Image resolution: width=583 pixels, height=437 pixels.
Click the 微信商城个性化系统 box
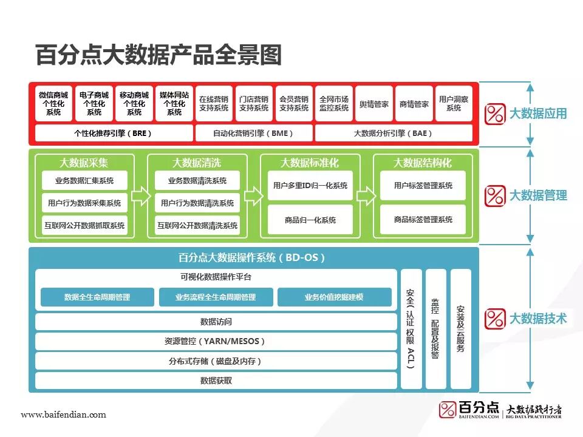[53, 104]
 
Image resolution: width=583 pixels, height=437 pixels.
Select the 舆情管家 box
[373, 104]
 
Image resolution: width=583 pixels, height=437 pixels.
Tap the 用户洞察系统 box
[454, 104]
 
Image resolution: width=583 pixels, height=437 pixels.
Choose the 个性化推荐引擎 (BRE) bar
[113, 133]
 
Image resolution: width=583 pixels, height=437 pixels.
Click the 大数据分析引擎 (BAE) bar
[394, 133]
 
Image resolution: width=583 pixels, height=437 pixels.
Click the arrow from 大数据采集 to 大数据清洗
[139, 196]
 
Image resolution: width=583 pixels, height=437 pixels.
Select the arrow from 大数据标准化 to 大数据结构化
[365, 196]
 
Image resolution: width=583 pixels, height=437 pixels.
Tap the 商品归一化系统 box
[310, 220]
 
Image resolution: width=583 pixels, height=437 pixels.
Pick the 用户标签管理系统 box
[423, 186]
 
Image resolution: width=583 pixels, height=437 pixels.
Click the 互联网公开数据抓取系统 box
[84, 225]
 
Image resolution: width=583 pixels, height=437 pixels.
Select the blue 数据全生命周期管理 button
[97, 297]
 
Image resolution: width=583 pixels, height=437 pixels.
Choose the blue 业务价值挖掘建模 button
[334, 297]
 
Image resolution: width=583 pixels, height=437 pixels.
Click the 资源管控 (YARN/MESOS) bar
[216, 341]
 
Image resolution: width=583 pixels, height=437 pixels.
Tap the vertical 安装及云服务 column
[460, 328]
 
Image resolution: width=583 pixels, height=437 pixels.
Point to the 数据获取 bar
[216, 381]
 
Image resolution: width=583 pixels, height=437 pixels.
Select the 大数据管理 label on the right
[537, 195]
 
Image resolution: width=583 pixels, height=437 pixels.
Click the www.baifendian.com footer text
[63, 415]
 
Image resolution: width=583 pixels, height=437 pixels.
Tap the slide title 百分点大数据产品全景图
[159, 55]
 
